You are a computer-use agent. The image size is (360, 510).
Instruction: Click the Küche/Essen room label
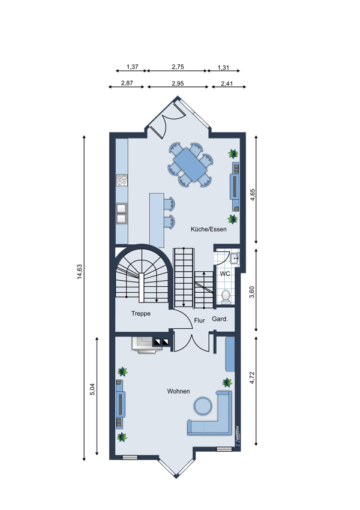pos(208,229)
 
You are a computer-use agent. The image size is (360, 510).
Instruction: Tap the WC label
pos(225,274)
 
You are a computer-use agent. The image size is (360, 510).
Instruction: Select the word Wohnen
pos(179,391)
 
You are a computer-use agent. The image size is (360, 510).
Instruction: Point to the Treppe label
pos(141,314)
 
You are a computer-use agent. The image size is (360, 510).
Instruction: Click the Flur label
pos(199,320)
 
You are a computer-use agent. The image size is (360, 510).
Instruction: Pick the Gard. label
pos(220,319)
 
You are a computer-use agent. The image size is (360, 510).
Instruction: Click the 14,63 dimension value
pos(80,271)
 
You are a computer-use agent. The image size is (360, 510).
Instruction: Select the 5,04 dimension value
pos(92,389)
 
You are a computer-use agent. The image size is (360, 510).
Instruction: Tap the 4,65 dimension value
pos(253,194)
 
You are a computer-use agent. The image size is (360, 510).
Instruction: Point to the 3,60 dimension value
pos(252,292)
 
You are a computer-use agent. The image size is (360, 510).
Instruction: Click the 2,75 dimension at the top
pos(178,67)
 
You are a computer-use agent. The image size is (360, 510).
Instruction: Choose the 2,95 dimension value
pos(178,83)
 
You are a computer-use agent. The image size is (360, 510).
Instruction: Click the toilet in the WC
pos(226,297)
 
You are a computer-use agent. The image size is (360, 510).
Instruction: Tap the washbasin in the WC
pos(235,258)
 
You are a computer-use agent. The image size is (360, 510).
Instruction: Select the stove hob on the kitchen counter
pos(122,181)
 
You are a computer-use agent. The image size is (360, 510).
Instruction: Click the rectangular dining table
pos(190,165)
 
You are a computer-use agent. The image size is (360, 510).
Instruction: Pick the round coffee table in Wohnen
pos(203,406)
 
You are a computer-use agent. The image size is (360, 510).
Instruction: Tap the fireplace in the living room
pos(146,344)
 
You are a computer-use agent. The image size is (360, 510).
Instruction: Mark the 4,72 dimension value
pos(252,377)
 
